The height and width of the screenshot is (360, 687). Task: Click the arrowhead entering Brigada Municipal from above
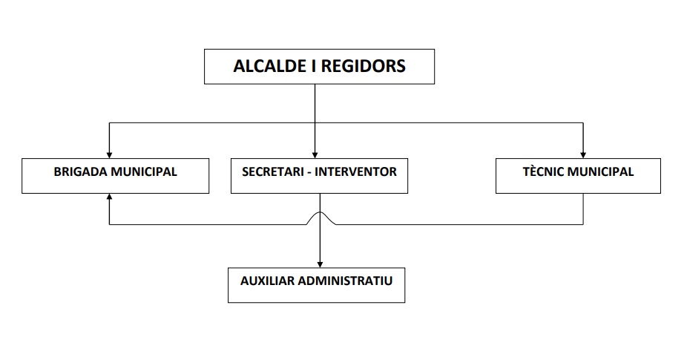110,154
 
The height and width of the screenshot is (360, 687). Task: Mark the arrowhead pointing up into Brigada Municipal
110,197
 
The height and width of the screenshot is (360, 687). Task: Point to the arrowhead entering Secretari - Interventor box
315,154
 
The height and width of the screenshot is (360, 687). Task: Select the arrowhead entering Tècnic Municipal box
582,154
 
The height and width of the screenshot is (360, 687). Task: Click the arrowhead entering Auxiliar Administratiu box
320,263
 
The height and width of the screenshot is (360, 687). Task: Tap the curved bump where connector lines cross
320,215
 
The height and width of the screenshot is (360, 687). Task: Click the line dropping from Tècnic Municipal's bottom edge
582,209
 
